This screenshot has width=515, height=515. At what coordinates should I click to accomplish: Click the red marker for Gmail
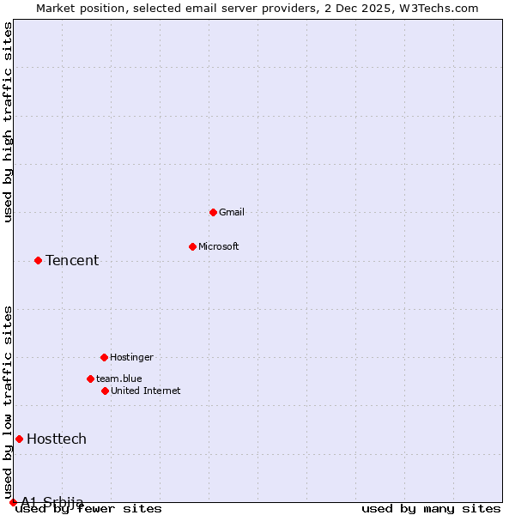click(213, 212)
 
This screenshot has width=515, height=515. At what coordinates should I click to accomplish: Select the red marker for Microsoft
click(192, 246)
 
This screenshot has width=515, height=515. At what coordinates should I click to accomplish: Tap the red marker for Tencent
click(38, 260)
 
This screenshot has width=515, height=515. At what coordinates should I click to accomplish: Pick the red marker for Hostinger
click(104, 357)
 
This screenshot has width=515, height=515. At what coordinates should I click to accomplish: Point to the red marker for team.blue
click(90, 379)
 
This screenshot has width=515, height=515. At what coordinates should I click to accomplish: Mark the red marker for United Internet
click(105, 391)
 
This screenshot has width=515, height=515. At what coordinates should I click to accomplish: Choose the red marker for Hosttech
click(19, 439)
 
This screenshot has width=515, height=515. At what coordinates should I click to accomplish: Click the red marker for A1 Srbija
click(13, 502)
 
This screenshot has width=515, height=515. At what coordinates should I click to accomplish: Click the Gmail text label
click(232, 212)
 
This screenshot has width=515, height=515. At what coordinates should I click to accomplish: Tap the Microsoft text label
click(219, 246)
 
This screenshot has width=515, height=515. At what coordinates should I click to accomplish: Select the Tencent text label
click(72, 261)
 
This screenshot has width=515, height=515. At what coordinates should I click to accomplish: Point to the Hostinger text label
click(131, 357)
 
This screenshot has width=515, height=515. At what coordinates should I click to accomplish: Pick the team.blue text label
click(119, 379)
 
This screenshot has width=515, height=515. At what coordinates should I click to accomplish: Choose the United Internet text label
click(146, 391)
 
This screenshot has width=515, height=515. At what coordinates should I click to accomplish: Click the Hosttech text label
click(57, 439)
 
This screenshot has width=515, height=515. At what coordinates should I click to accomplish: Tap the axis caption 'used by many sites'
click(431, 509)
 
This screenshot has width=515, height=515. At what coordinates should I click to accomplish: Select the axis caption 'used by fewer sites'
click(89, 509)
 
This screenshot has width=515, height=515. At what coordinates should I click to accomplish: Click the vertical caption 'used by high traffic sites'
click(9, 122)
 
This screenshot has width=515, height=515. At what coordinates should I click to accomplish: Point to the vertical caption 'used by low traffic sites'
click(9, 397)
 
